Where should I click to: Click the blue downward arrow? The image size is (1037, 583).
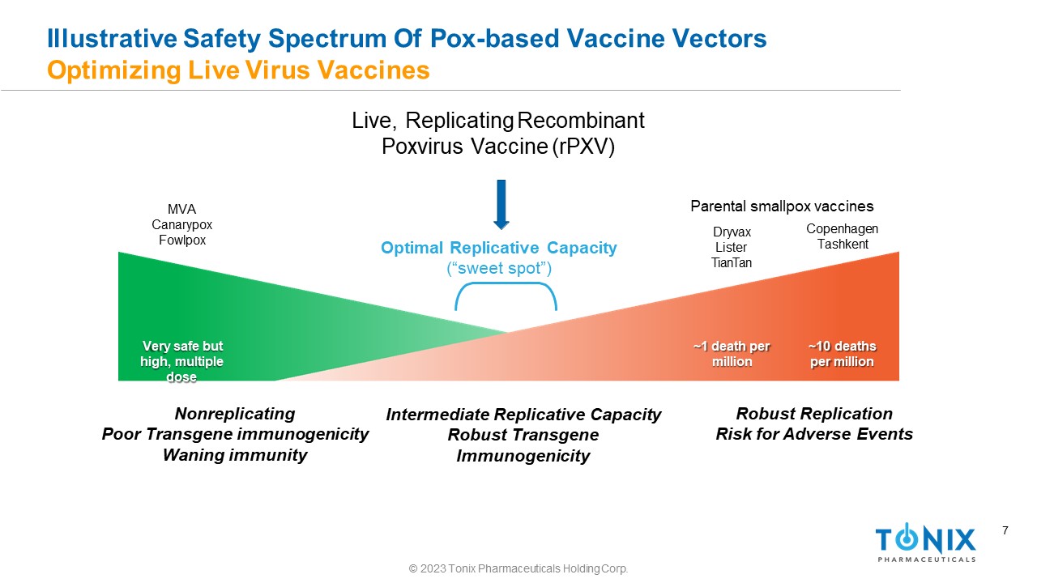pos(501,204)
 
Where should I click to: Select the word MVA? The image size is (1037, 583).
pos(181,210)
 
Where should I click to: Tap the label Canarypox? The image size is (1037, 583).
pos(181,225)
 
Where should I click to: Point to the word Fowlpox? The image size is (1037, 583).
pos(181,240)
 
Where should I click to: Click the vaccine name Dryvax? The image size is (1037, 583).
pos(731,232)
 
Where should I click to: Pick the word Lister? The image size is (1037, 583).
pos(731,247)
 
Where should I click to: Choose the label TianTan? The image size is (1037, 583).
pos(731,262)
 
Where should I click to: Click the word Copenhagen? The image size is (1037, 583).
pos(842,229)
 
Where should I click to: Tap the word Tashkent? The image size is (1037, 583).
pos(842,245)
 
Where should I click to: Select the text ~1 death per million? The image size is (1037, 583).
pos(732,354)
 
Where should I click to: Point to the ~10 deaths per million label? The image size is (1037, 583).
pos(842,354)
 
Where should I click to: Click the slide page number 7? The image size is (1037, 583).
pos(1005,531)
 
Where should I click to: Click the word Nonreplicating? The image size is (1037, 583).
pos(235,414)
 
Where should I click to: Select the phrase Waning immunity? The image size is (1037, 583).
pos(235,455)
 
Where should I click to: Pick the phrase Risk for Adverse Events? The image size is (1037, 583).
pos(814,434)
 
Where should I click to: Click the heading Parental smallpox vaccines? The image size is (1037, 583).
pos(782,206)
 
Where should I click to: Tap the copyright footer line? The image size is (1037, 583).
pos(518,569)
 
